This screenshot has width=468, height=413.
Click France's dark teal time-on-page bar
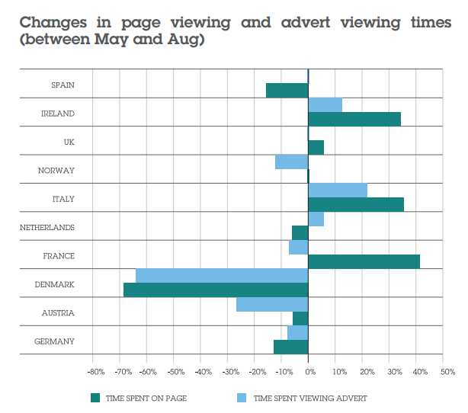(364, 261)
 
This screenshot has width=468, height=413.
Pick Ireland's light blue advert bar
(325, 104)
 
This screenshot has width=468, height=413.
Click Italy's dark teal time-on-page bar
(355, 204)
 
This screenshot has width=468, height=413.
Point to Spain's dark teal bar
(287, 90)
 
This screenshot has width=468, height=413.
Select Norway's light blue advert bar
(291, 162)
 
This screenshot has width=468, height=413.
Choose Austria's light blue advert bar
(272, 304)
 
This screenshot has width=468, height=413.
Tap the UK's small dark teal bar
(316, 147)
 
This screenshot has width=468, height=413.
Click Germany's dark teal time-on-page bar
(290, 347)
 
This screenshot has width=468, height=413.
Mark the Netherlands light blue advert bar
(316, 219)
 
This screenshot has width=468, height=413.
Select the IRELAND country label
(58, 114)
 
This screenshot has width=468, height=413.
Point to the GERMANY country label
(55, 341)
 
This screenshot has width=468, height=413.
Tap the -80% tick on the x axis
(95, 372)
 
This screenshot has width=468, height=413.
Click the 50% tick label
(447, 372)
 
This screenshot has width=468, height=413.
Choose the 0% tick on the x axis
(309, 372)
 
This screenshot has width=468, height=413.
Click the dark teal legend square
(95, 398)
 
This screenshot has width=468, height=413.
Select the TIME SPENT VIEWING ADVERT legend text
(309, 398)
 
